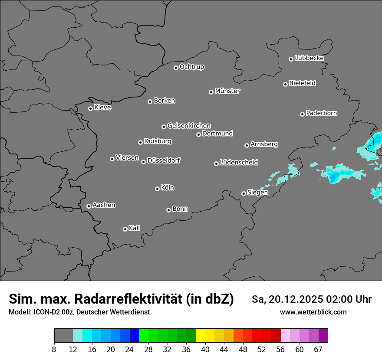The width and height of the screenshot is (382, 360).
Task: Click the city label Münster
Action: [227, 91]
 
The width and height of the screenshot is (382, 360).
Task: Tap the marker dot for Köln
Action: [157, 189]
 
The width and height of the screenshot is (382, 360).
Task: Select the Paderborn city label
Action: [321, 113]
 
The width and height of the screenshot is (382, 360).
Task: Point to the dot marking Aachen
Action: [89, 206]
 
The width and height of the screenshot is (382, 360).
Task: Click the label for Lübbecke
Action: [309, 58]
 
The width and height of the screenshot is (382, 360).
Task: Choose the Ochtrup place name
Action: [192, 67]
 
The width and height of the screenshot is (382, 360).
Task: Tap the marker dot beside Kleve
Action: [90, 108]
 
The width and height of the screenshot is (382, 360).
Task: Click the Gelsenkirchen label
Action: [189, 126]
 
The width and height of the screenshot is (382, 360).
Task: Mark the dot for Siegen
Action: [244, 193]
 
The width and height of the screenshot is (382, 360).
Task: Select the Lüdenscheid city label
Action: [239, 163]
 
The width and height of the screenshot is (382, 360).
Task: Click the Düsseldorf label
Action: [164, 160]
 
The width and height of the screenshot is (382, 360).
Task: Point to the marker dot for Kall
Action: [125, 229]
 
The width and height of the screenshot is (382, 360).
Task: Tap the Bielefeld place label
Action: [302, 83]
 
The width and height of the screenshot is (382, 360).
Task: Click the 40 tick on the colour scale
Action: [205, 349]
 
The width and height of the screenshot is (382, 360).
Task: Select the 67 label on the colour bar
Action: [318, 349]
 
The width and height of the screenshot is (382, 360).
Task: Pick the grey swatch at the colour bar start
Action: [63, 336]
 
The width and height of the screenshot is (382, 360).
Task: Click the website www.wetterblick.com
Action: [313, 312]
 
